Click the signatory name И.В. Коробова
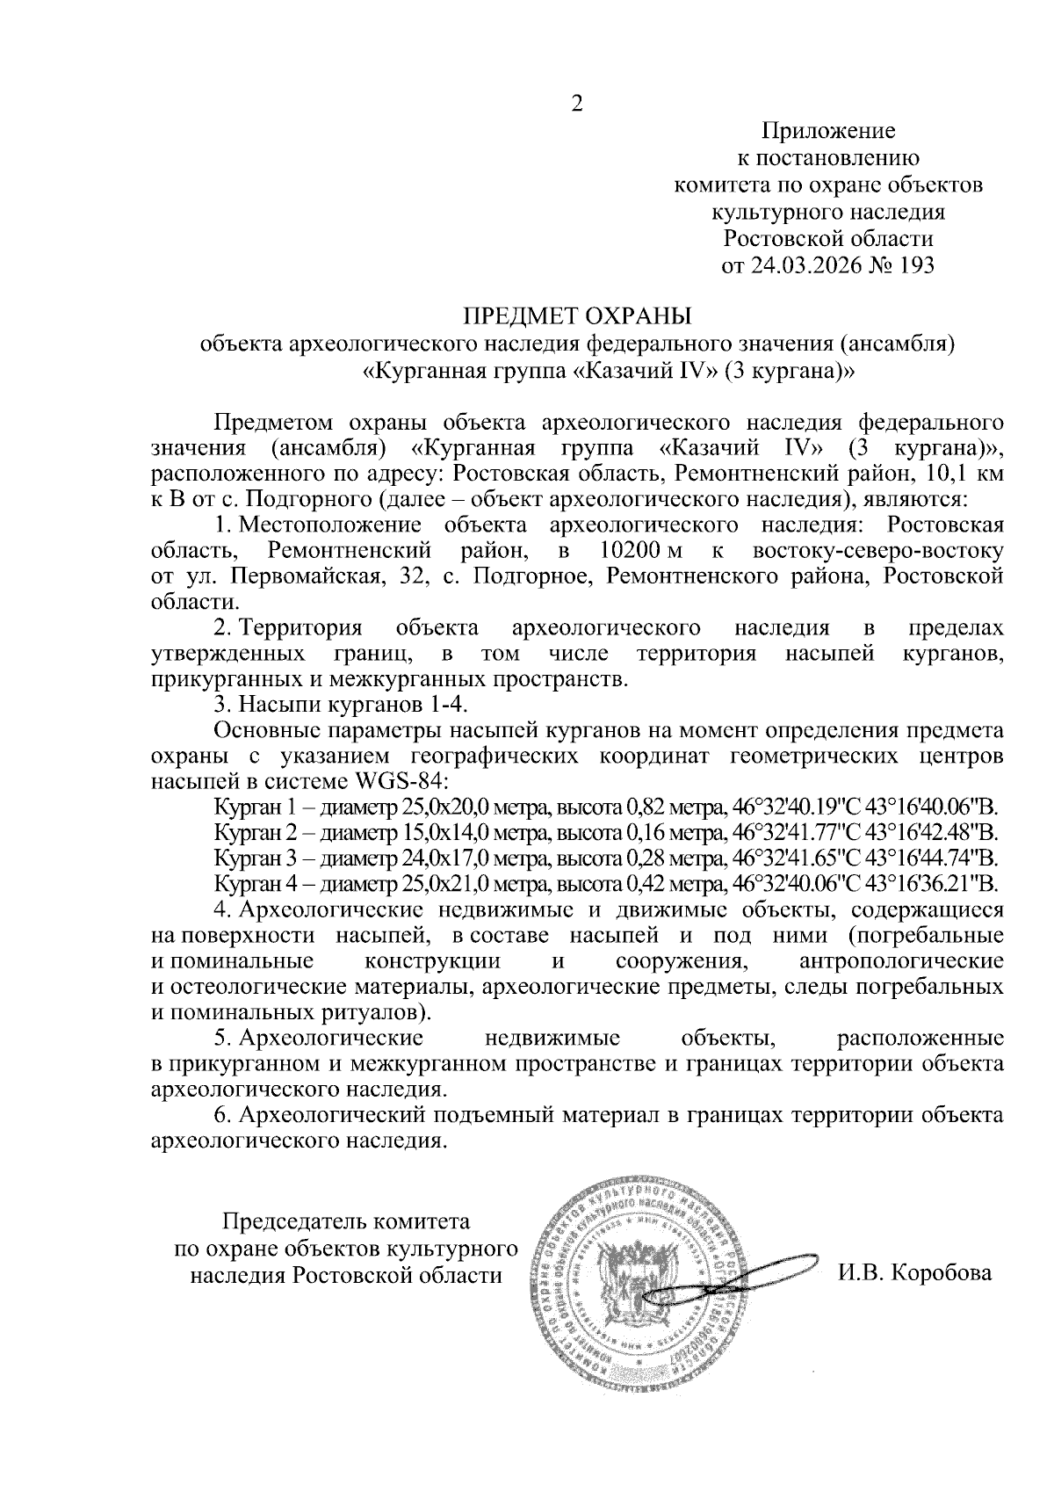[x=914, y=1273]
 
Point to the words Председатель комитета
[x=346, y=1222]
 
